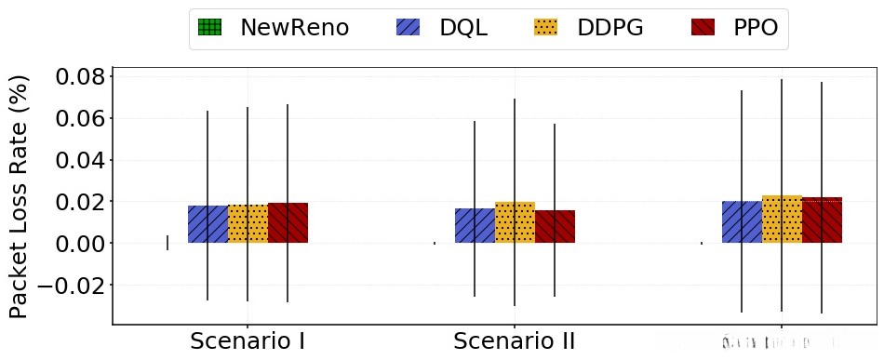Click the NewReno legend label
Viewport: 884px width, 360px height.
[x=294, y=28]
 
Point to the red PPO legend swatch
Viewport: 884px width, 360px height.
[x=709, y=28]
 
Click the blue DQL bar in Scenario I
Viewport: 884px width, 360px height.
[x=208, y=224]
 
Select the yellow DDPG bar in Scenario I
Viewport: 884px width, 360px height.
[x=248, y=224]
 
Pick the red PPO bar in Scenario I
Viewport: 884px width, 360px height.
[x=288, y=223]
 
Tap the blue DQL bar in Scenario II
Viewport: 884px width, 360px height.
[x=475, y=226]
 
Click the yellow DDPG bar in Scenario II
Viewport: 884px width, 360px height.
[x=515, y=222]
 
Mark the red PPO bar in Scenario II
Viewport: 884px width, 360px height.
[x=555, y=227]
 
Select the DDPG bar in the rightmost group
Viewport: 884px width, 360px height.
[x=782, y=220]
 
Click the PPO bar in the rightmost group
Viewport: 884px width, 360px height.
[x=822, y=220]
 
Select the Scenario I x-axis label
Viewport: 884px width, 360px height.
[x=248, y=341]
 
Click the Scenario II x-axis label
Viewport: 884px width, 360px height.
[x=515, y=341]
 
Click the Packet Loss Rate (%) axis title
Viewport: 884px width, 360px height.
[x=20, y=196]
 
